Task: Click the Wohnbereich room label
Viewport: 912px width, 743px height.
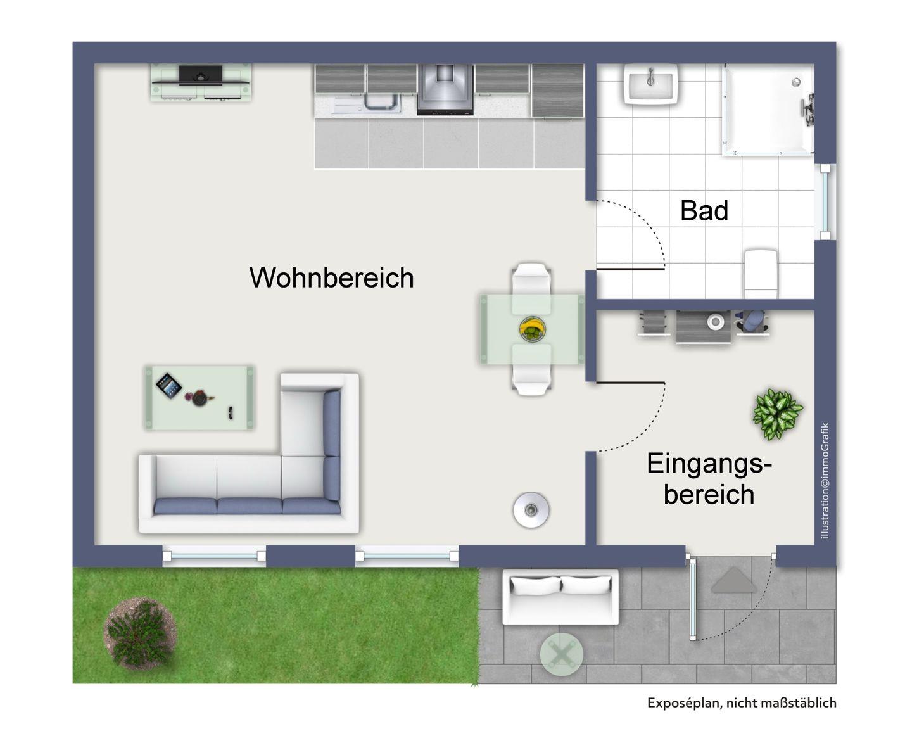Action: pyautogui.click(x=331, y=277)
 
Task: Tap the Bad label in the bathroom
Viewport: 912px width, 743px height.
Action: pyautogui.click(x=704, y=210)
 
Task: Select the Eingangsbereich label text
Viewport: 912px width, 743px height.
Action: pyautogui.click(x=709, y=479)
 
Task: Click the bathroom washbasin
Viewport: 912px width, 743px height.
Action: pyautogui.click(x=650, y=84)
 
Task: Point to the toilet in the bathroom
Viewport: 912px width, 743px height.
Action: pyautogui.click(x=761, y=274)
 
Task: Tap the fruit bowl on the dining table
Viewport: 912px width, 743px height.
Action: pyautogui.click(x=532, y=329)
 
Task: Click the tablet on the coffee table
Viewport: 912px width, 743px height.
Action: pyautogui.click(x=168, y=385)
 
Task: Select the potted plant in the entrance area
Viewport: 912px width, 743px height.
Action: pyautogui.click(x=777, y=414)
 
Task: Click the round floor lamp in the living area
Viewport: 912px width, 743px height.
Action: pyautogui.click(x=531, y=510)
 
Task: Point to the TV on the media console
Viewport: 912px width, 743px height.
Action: pyautogui.click(x=200, y=75)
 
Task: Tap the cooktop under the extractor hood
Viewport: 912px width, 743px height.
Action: pyautogui.click(x=445, y=108)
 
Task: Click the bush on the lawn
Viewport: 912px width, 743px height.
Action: pyautogui.click(x=140, y=633)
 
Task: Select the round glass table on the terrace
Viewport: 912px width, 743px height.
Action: pyautogui.click(x=561, y=654)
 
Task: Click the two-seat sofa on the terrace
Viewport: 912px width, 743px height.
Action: pyautogui.click(x=560, y=596)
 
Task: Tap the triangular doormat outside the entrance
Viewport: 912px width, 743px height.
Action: pyautogui.click(x=734, y=581)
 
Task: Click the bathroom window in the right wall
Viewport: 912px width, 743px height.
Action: pyautogui.click(x=825, y=201)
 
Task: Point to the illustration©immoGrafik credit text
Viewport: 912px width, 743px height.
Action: pyautogui.click(x=825, y=481)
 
